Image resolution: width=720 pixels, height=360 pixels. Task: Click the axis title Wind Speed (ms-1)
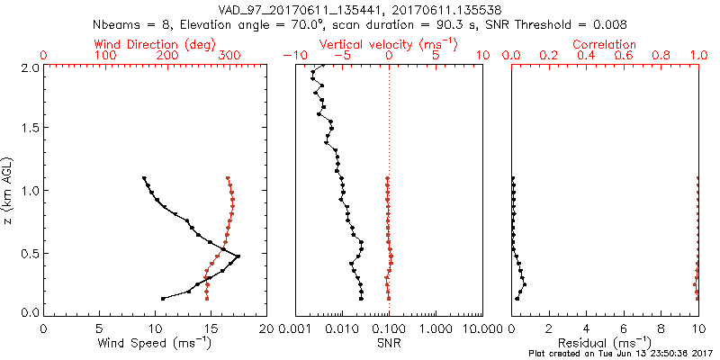[155, 344]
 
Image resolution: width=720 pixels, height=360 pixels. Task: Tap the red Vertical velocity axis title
[388, 44]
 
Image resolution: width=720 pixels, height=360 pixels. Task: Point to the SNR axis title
[388, 344]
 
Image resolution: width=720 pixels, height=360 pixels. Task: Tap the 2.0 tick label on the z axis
[28, 67]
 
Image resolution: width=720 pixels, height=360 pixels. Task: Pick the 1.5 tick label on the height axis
[28, 129]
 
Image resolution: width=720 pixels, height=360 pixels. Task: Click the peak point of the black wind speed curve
[238, 257]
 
